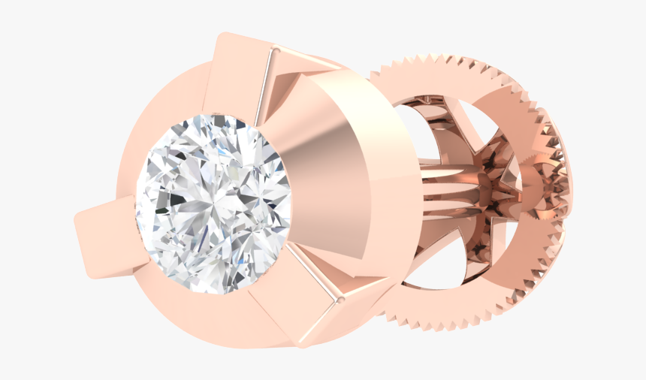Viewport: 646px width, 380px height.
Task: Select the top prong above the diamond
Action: pos(240,75)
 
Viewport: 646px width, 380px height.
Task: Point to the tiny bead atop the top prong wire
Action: pos(274,51)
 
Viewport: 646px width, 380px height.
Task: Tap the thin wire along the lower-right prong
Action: pos(315,274)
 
